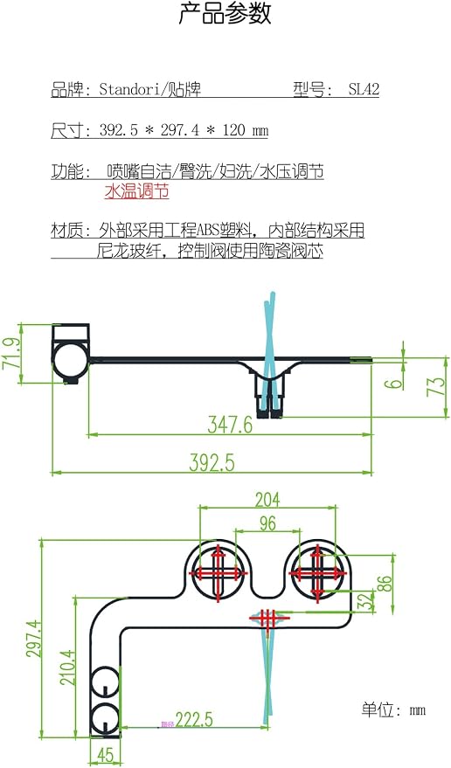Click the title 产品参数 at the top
click(225, 13)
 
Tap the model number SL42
click(364, 89)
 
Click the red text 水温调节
click(136, 191)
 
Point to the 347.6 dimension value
click(230, 424)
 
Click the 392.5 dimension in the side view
click(212, 463)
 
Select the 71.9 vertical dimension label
click(10, 353)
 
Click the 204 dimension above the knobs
click(267, 500)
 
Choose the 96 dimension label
click(267, 523)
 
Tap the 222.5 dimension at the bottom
click(194, 720)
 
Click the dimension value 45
click(106, 755)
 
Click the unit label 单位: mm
click(393, 709)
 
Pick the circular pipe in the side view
click(71, 358)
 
